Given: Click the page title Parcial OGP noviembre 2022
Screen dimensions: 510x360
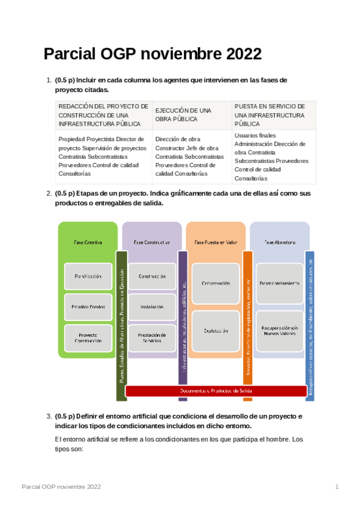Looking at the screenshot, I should [x=152, y=54].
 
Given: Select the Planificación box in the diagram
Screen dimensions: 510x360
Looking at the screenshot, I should [x=88, y=276].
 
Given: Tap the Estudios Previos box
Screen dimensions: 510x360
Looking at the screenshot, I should [x=88, y=307].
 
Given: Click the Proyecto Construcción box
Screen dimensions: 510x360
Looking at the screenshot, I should [x=88, y=337].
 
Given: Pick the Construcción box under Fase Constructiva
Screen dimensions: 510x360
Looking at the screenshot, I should [x=152, y=276].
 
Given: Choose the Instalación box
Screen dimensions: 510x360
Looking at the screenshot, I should [x=152, y=307].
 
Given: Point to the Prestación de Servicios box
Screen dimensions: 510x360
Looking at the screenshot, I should [x=152, y=337].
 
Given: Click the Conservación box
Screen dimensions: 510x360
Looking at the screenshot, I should [x=216, y=283].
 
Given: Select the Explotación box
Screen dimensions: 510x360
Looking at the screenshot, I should [x=216, y=331].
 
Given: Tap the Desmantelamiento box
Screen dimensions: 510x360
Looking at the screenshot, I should [x=280, y=283].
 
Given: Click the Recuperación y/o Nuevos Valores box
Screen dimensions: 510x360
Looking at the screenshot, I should [x=280, y=331].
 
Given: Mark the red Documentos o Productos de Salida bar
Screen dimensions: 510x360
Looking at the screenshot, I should [x=216, y=391].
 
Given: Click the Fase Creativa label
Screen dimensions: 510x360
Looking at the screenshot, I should [x=88, y=242].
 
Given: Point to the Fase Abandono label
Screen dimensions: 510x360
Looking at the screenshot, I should [x=280, y=242].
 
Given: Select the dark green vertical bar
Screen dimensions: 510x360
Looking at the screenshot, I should [x=121, y=325].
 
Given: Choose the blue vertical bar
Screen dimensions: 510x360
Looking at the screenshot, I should [x=310, y=325].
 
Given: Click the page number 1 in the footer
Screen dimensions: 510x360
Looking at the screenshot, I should [x=337, y=486].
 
